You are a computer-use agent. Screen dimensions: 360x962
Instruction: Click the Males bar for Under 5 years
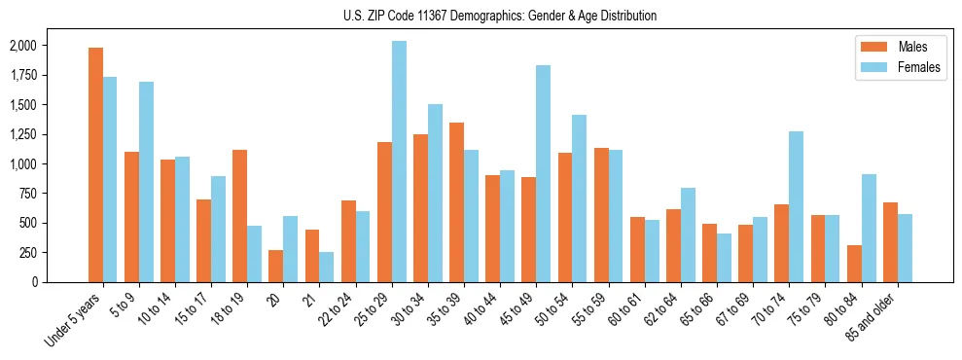95,164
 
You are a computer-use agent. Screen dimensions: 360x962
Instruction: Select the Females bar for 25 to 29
399,162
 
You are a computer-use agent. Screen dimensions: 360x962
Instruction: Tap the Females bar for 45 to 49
543,173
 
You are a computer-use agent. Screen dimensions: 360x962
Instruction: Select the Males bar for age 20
276,266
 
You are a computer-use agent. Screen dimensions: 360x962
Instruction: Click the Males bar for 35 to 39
456,202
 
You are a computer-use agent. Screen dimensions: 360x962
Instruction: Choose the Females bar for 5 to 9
146,182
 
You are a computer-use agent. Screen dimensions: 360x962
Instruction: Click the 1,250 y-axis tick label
23,134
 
